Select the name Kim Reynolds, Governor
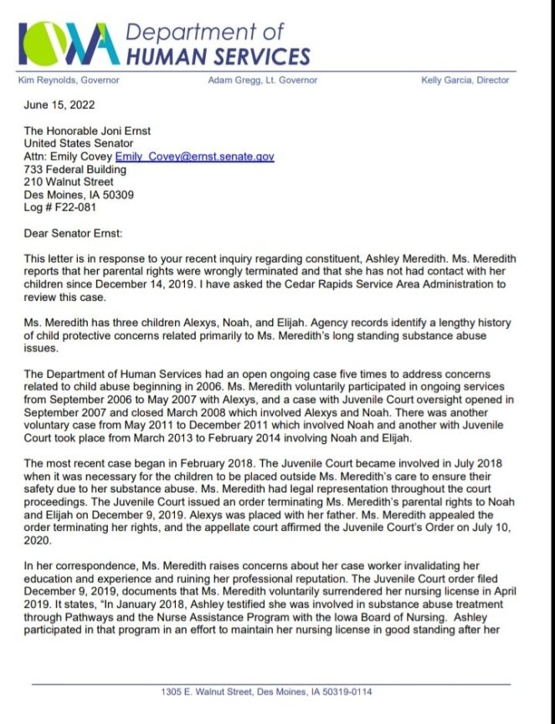69,80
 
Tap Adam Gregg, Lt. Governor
263,80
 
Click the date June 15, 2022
59,105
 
